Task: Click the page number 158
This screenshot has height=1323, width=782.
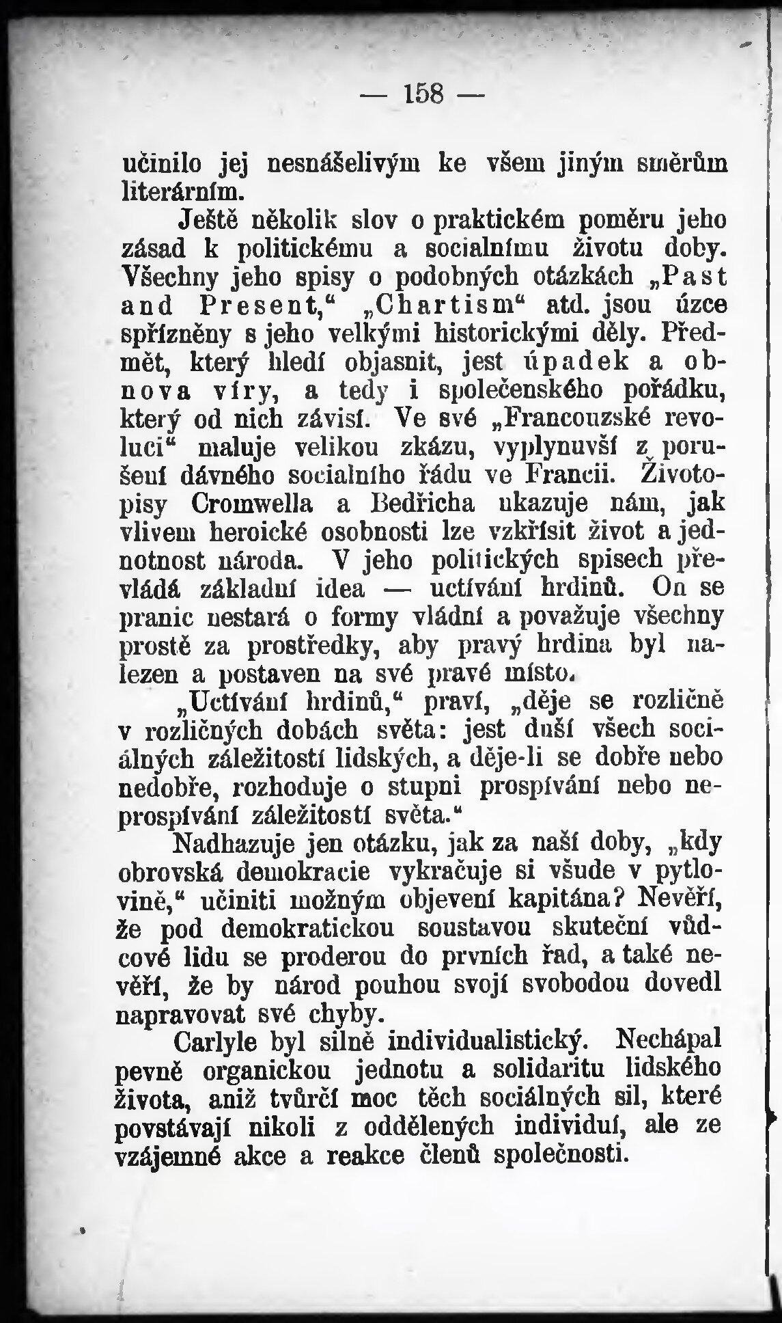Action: (423, 94)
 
